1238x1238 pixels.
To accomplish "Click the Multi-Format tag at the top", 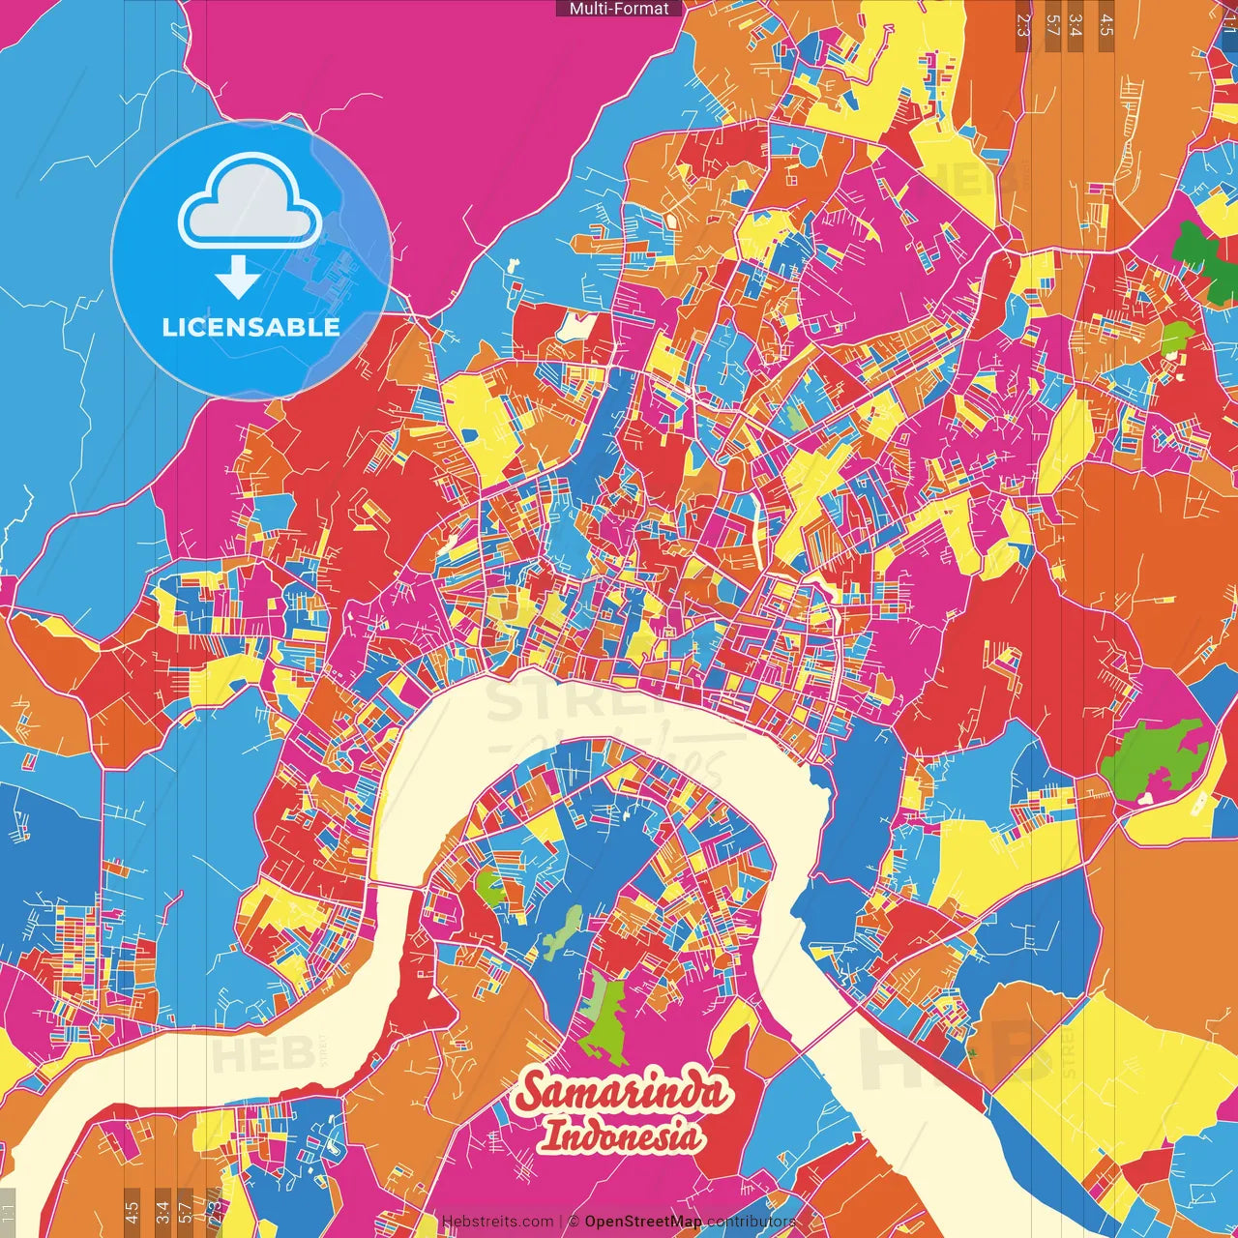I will [x=619, y=9].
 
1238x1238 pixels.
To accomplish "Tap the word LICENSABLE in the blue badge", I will [x=251, y=327].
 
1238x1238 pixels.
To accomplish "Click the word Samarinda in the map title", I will [x=622, y=1092].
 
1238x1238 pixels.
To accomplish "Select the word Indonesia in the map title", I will [x=622, y=1135].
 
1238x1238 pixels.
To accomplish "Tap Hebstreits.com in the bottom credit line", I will [x=497, y=1222].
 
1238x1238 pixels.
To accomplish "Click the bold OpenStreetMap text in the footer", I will [x=643, y=1222].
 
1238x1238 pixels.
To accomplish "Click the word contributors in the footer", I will [x=752, y=1222].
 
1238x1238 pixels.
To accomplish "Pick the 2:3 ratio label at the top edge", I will [x=1023, y=25].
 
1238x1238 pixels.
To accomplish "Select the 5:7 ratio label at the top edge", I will [x=1052, y=25].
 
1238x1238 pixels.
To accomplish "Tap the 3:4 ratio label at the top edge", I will [x=1076, y=25].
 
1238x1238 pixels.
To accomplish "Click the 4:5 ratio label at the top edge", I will [x=1105, y=25].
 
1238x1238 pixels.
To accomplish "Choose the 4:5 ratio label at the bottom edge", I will [x=132, y=1211].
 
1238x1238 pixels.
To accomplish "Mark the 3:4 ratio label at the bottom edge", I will [x=162, y=1211].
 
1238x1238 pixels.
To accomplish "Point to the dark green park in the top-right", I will [x=1199, y=251].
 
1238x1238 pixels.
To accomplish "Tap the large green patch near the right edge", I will [x=1156, y=759].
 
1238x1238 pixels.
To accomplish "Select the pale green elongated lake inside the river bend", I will [x=563, y=930].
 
